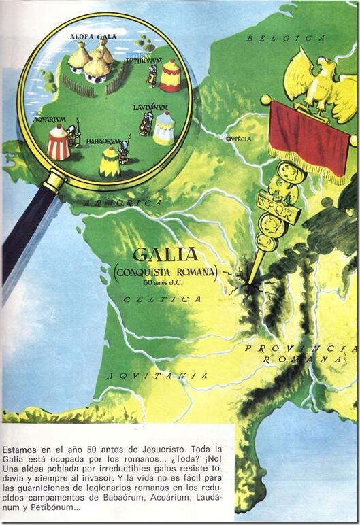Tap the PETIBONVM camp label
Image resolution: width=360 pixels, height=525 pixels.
coord(143,61)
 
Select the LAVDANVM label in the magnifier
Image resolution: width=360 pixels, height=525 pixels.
coord(150,107)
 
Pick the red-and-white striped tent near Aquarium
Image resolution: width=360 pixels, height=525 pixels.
coord(59,143)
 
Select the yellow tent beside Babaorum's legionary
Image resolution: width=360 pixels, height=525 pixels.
coord(109,162)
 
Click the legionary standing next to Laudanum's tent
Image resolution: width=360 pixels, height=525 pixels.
coord(145,124)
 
